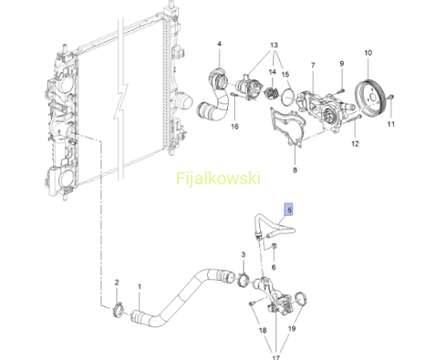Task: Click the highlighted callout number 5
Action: tap(289, 210)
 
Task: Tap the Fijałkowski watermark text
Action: tap(218, 178)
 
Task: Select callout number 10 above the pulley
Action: tap(368, 53)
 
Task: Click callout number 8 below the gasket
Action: tap(295, 170)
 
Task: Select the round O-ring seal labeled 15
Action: tap(287, 96)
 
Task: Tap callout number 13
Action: tap(274, 45)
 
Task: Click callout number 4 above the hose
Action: tap(219, 43)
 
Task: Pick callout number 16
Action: tap(235, 126)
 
